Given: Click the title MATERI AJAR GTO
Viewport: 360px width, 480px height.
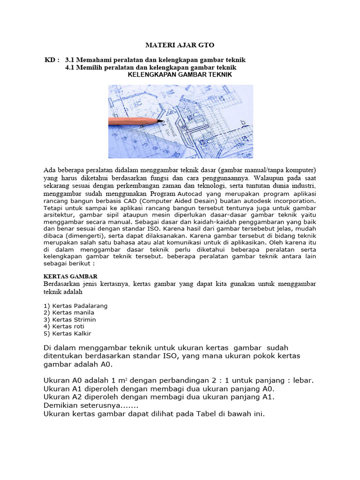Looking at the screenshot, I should coord(180,45).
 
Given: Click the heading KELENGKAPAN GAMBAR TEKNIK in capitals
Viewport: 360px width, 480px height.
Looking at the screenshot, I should coord(180,75).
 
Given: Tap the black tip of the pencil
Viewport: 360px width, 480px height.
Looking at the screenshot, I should coord(161,121).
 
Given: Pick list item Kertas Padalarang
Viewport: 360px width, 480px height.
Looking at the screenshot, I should coord(75,306).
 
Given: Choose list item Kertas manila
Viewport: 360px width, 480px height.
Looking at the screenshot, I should coord(69,313).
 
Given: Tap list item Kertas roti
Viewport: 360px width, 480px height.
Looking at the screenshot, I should coord(65,327).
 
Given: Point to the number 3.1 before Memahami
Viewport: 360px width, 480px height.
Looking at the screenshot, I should coord(70,60).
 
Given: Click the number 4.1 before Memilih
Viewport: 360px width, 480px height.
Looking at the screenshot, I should coord(70,67).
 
